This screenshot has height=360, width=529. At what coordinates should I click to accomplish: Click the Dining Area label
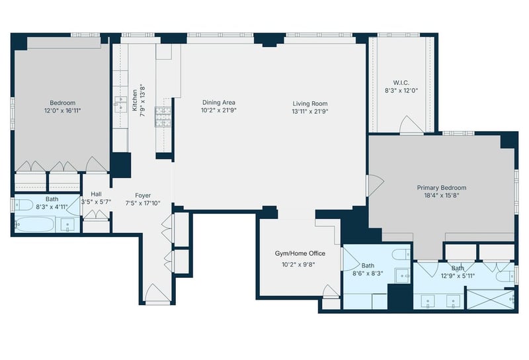[x=219, y=103]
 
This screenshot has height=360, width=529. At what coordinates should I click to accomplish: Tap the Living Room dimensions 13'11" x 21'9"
[x=309, y=111]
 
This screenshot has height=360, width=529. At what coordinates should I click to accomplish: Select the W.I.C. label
[x=401, y=83]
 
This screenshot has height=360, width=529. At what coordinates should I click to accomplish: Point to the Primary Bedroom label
[x=442, y=187]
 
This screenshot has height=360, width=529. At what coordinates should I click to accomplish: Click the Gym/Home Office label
[x=300, y=253]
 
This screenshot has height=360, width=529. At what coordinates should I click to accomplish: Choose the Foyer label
[x=143, y=195]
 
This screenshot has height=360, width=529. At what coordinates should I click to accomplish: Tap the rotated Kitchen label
[x=135, y=100]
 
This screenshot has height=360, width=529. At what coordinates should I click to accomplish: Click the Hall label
[x=96, y=194]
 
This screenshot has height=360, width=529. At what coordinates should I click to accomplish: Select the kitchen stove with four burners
[x=163, y=117]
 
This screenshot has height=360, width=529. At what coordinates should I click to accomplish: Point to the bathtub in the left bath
[x=35, y=224]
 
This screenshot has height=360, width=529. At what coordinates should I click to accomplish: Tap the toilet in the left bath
[x=23, y=204]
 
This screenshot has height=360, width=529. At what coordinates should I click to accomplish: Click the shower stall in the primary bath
[x=490, y=299]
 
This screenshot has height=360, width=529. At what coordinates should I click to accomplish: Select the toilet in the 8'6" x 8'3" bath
[x=401, y=254]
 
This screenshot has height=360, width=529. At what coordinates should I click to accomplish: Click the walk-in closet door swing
[x=411, y=124]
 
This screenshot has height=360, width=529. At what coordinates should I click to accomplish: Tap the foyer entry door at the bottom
[x=157, y=292]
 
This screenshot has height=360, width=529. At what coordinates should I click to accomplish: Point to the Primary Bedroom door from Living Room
[x=375, y=185]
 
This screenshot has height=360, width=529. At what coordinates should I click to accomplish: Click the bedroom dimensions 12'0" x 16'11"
[x=62, y=111]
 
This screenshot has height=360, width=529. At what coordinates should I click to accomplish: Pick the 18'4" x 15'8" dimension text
[x=442, y=195]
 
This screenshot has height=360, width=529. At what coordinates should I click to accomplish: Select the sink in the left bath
[x=67, y=225]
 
